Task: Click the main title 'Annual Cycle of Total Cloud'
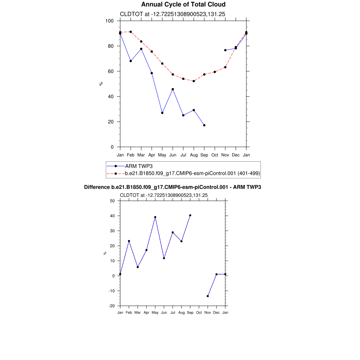(x=183, y=5)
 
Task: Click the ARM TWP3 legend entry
(x=138, y=166)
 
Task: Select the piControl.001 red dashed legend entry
(x=192, y=173)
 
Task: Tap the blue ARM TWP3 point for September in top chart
(x=204, y=125)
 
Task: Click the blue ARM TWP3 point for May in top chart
(x=162, y=113)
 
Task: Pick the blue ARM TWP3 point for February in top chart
(x=131, y=61)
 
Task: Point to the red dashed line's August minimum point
(x=194, y=81)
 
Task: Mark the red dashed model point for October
(x=215, y=72)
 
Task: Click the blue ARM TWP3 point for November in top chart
(x=225, y=50)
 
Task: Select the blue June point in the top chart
(x=173, y=89)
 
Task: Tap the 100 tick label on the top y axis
(x=109, y=21)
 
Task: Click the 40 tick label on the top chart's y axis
(x=111, y=97)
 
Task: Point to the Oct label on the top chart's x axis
(x=215, y=155)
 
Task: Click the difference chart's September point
(x=190, y=215)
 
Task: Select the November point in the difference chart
(x=208, y=296)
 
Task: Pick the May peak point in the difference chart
(x=155, y=217)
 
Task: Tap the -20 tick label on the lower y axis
(x=111, y=306)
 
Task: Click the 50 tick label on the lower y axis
(x=112, y=201)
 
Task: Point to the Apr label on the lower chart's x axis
(x=146, y=312)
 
